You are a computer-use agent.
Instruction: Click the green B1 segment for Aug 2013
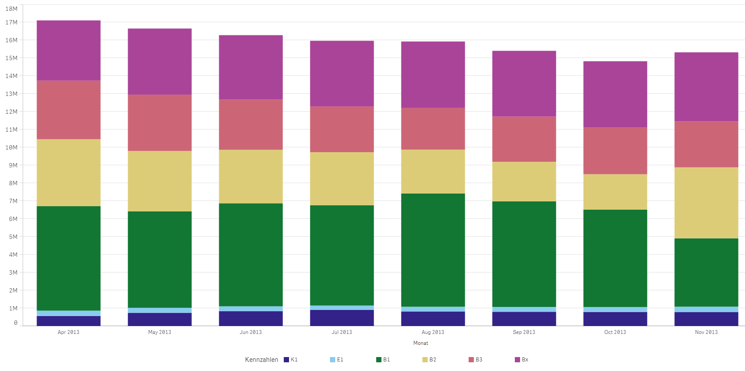433,250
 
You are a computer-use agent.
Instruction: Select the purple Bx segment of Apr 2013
68,50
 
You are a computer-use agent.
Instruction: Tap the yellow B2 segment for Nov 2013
706,203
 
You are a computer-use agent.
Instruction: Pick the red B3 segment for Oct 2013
615,151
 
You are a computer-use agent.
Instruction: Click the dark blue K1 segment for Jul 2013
342,318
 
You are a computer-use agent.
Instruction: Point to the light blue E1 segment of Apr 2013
68,313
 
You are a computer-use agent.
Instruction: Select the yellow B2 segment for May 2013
160,181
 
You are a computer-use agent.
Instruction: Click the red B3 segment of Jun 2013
251,125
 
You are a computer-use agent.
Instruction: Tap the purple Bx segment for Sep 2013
524,84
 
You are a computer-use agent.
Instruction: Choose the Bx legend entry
522,360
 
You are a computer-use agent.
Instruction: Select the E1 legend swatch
333,360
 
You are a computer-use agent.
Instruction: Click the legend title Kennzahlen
262,360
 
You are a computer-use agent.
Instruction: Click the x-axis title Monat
421,343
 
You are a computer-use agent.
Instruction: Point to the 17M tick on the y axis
12,22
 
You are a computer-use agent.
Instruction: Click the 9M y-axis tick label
13,165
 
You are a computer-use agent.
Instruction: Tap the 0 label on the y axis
16,323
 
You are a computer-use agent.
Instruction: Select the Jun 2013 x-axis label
251,332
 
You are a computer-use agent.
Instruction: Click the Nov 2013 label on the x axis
706,332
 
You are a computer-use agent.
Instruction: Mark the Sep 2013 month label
524,332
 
